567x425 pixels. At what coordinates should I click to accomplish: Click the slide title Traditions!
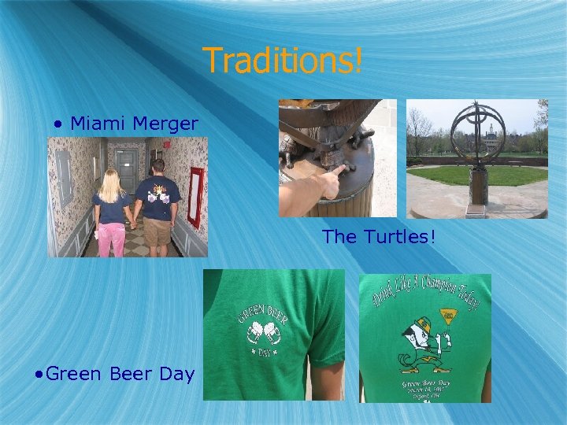[283, 60]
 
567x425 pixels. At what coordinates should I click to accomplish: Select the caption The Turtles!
[378, 237]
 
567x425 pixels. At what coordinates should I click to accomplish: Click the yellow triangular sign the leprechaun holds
[448, 316]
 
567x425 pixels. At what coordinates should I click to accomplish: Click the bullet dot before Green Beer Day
[39, 374]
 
